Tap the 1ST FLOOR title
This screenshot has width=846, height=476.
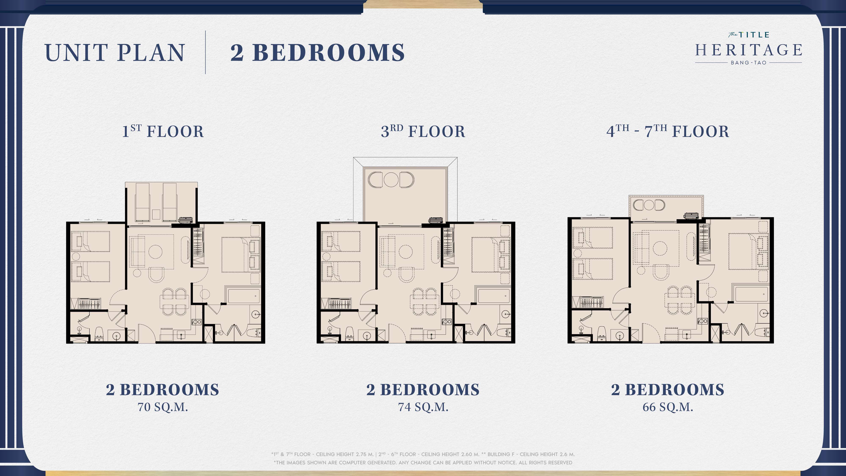pos(163,131)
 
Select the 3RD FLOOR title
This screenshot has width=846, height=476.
pos(423,131)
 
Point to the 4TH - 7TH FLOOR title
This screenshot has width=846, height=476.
pos(668,131)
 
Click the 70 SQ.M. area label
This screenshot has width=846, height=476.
pos(163,407)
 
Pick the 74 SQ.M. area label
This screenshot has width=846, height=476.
pos(423,407)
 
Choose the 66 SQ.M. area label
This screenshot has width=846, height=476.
pos(668,407)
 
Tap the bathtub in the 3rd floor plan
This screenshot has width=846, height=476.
pos(493,295)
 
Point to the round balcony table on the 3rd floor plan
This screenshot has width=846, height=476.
pos(391,179)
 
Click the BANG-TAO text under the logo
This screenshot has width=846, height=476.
pos(748,62)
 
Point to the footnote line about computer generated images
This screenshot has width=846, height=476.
pos(423,462)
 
